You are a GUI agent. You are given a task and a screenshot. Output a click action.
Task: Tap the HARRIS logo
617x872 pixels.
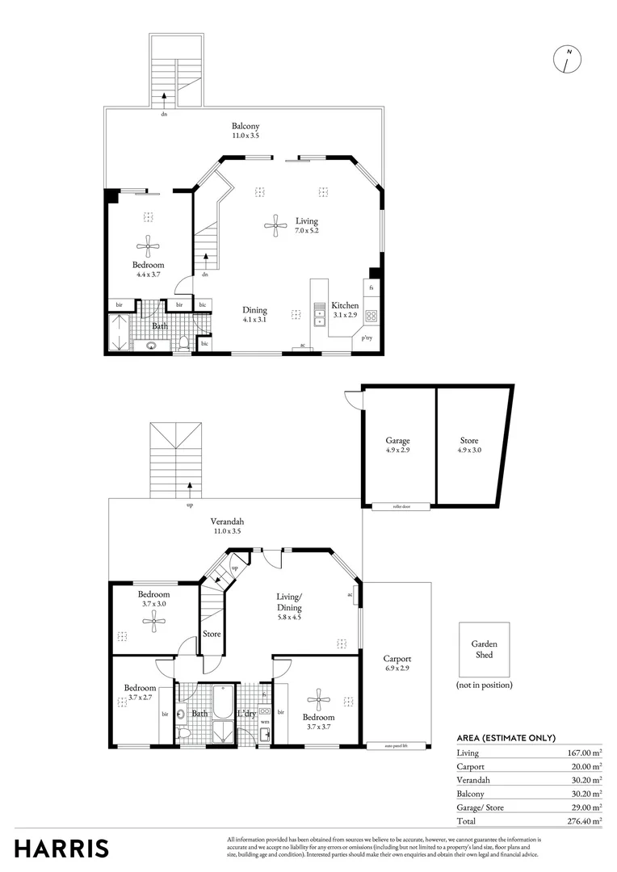pos(61,849)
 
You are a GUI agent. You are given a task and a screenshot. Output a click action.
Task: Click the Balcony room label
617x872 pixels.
pos(246,127)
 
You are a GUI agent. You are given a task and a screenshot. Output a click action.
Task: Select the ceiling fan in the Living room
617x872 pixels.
pos(275,225)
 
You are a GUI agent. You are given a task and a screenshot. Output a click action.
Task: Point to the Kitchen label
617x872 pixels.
pos(346,305)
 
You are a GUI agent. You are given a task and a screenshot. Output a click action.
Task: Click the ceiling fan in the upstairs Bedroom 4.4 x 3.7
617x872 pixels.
pos(148,246)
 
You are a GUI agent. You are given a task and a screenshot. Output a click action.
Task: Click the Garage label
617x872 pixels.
pos(397,441)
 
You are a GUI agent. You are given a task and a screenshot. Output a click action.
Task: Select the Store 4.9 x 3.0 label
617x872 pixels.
pos(469,441)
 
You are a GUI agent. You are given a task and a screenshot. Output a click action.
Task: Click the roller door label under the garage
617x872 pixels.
pos(401,506)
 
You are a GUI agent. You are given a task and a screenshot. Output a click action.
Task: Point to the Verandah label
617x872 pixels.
pos(228,522)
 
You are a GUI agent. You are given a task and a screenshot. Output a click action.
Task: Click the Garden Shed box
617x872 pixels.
pos(485,649)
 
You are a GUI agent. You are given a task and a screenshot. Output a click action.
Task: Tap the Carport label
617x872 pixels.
pos(397,659)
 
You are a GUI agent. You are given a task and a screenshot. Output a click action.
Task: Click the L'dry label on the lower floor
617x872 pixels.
pos(247,714)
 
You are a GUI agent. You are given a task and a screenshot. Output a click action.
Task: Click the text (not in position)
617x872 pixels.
pos(485,685)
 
